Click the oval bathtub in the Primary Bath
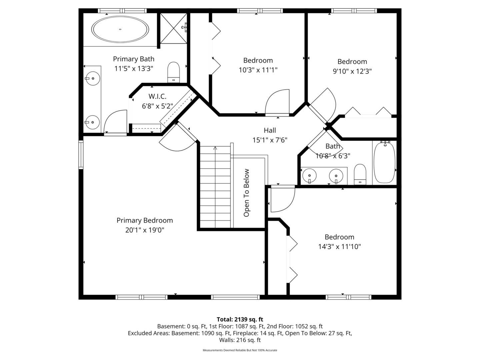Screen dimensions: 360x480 pyautogui.click(x=120, y=29)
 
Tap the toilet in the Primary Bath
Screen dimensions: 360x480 pyautogui.click(x=173, y=72)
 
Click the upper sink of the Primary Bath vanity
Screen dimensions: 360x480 pyautogui.click(x=93, y=79)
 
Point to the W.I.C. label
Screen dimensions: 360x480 pyautogui.click(x=157, y=96)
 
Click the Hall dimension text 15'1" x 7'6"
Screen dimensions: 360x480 pyautogui.click(x=270, y=140)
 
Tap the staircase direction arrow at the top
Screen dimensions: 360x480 pyautogui.click(x=215, y=149)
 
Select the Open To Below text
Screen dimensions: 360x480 pyautogui.click(x=247, y=193)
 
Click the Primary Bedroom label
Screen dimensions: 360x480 pyautogui.click(x=145, y=220)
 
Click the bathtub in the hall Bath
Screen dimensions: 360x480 pyautogui.click(x=384, y=162)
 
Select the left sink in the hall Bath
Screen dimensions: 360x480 pyautogui.click(x=310, y=175)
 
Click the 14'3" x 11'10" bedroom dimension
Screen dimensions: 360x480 pyautogui.click(x=339, y=247)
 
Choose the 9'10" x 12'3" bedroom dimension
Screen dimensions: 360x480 pyautogui.click(x=352, y=71)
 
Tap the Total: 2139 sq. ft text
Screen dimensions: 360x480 pyautogui.click(x=240, y=319)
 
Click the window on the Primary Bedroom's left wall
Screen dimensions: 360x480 pyautogui.click(x=81, y=154)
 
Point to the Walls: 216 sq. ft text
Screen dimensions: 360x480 pyautogui.click(x=240, y=340)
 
